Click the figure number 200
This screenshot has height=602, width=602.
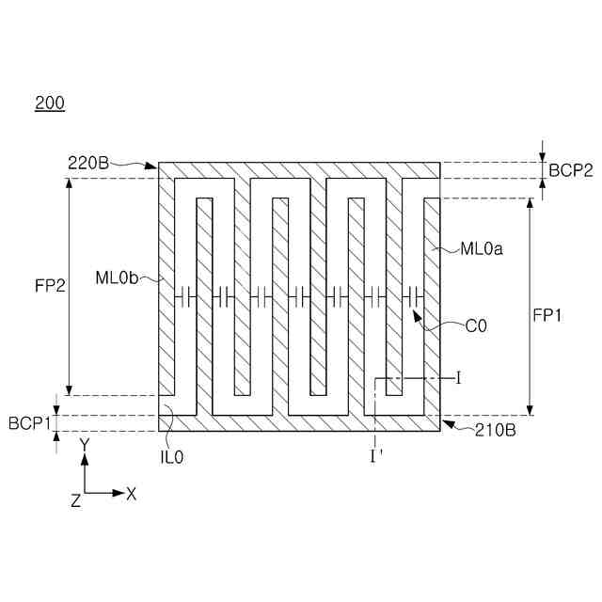pos(50,104)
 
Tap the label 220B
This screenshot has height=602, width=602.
pos(87,163)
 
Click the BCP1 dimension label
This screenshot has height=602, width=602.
pos(30,423)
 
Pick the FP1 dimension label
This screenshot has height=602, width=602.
pos(547,316)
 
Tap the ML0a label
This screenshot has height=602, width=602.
pos(482,249)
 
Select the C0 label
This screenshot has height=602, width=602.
pos(476,327)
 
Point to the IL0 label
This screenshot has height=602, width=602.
pos(172,456)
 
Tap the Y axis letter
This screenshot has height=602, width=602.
pos(85,443)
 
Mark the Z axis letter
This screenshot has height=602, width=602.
pos(75,501)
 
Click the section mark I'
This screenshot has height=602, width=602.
pos(375,455)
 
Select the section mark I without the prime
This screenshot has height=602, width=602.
pos(458,378)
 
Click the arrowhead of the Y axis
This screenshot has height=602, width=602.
pos(85,459)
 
